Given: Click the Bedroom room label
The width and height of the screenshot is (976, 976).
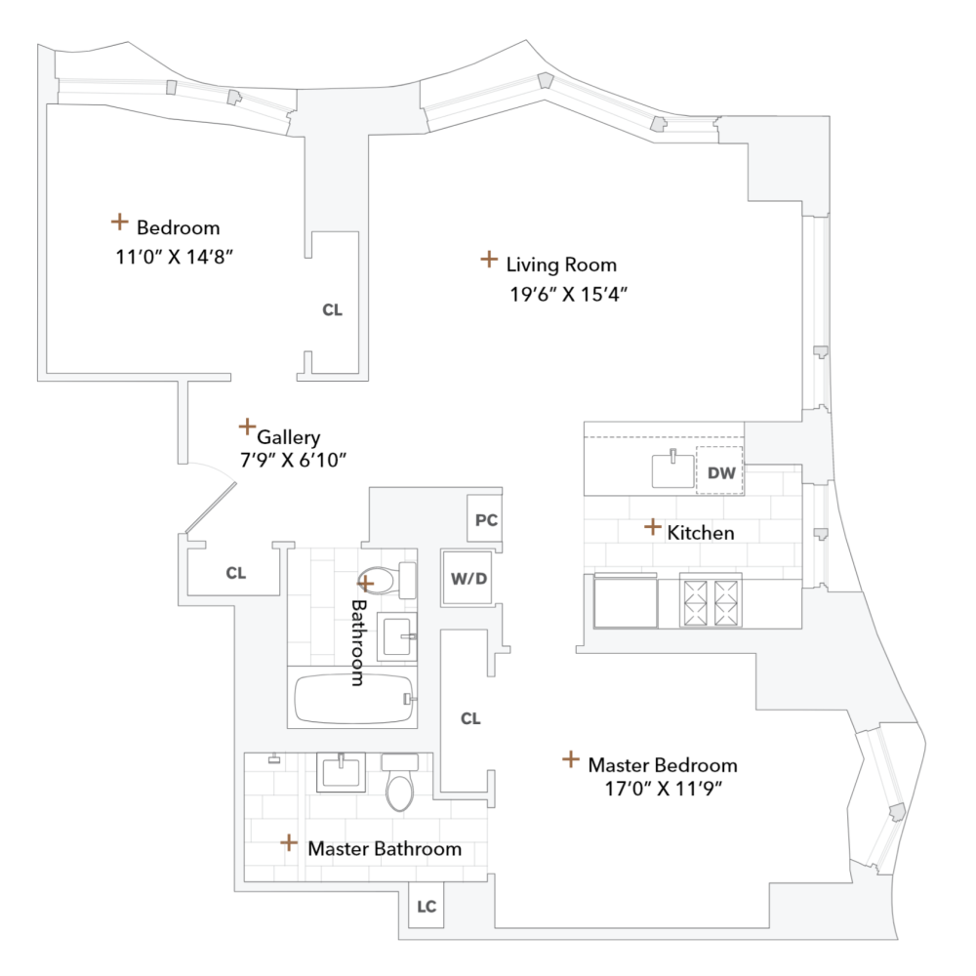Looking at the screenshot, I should pyautogui.click(x=178, y=228).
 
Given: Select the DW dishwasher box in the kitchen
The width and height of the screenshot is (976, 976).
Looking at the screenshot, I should pyautogui.click(x=720, y=473).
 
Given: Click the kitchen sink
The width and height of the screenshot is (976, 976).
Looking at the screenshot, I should pyautogui.click(x=672, y=468).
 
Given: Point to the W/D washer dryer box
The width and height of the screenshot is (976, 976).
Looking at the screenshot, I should pyautogui.click(x=468, y=578).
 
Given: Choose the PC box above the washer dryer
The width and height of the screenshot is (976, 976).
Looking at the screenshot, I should pyautogui.click(x=486, y=520).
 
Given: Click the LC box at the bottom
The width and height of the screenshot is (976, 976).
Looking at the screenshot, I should pyautogui.click(x=427, y=908).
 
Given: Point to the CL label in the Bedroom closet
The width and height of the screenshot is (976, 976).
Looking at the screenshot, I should pyautogui.click(x=333, y=311).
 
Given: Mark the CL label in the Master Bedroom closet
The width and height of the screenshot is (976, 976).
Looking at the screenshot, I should pyautogui.click(x=470, y=719).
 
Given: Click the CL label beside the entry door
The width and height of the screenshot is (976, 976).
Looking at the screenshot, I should pyautogui.click(x=235, y=573).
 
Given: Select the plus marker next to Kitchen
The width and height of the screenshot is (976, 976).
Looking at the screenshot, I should pyautogui.click(x=652, y=527).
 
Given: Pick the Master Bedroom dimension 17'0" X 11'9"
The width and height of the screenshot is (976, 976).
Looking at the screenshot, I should pyautogui.click(x=669, y=788).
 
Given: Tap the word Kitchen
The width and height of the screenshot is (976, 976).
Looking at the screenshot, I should pyautogui.click(x=700, y=533).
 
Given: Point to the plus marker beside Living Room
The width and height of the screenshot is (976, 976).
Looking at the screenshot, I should pyautogui.click(x=488, y=260).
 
